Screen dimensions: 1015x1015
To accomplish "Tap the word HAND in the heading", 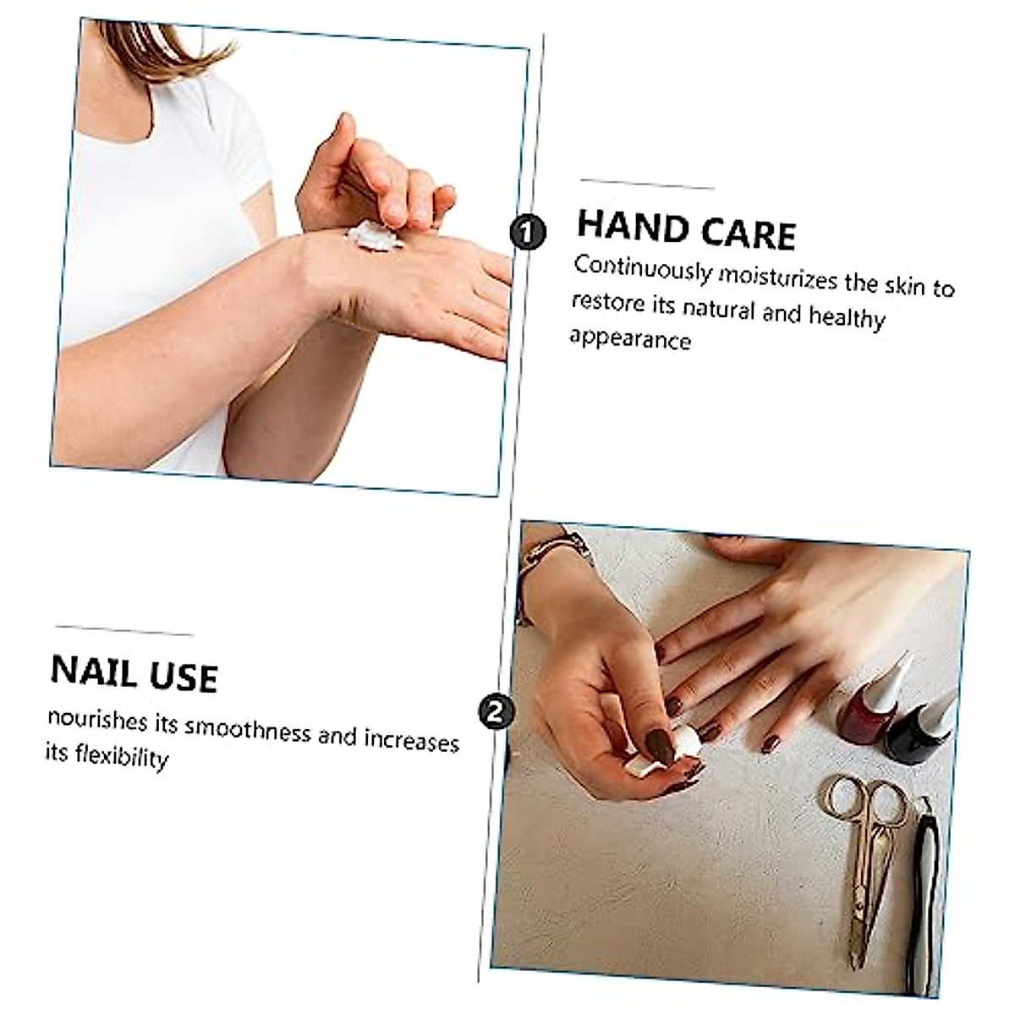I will [x=630, y=228].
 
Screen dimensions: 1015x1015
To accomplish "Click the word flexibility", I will [x=120, y=756].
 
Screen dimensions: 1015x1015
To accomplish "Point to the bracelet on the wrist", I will [x=554, y=554].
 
